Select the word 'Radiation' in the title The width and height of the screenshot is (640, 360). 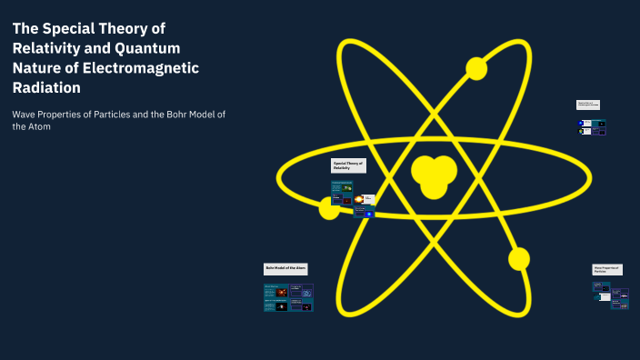[x=46, y=88]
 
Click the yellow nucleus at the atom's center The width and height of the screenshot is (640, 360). [x=433, y=173]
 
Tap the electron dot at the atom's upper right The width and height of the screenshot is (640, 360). [x=476, y=68]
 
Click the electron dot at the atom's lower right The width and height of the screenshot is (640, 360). [x=519, y=259]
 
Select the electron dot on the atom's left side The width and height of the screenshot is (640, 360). [x=329, y=208]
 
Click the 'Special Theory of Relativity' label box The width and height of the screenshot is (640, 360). [x=348, y=166]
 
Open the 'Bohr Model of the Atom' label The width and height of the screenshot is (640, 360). [x=286, y=269]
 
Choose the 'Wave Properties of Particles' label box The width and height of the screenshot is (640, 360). [x=607, y=269]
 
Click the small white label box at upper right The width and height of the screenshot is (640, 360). [x=588, y=105]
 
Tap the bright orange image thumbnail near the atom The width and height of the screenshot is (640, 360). [x=359, y=199]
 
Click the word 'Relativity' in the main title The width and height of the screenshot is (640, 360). [x=51, y=48]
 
